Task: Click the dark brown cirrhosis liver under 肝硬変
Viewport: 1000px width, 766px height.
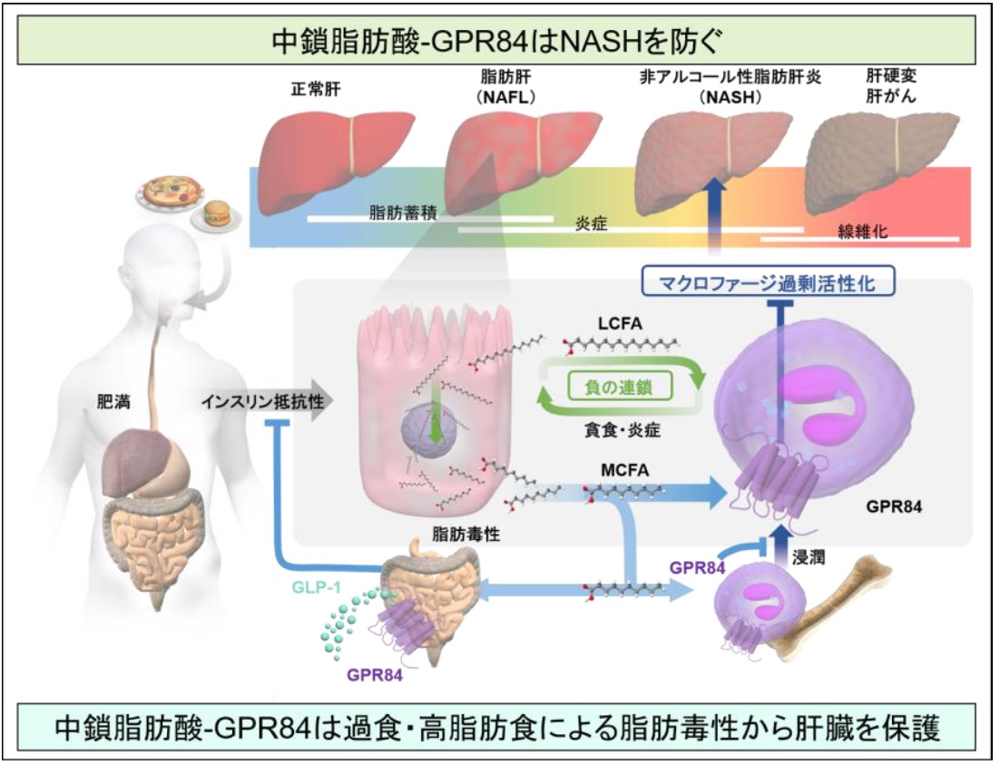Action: tap(882, 162)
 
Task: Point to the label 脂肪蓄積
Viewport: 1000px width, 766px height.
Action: tap(403, 212)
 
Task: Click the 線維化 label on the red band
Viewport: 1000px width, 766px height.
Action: tap(862, 231)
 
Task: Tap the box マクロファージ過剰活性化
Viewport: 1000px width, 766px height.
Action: tap(767, 282)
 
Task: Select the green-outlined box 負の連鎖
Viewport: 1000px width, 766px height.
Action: tap(619, 387)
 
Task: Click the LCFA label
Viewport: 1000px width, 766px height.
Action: tap(620, 323)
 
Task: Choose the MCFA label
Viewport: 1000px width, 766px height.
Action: tap(625, 470)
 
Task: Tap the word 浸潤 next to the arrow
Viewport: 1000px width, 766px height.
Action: tap(808, 557)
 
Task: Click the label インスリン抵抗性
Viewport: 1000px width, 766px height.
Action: tap(262, 402)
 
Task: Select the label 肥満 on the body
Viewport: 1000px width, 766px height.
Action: tap(113, 402)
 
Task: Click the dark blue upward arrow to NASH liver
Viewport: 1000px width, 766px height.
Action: tap(716, 217)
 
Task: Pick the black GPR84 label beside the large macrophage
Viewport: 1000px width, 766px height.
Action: tap(894, 507)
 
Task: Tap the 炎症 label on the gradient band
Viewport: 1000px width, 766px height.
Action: tap(591, 223)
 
